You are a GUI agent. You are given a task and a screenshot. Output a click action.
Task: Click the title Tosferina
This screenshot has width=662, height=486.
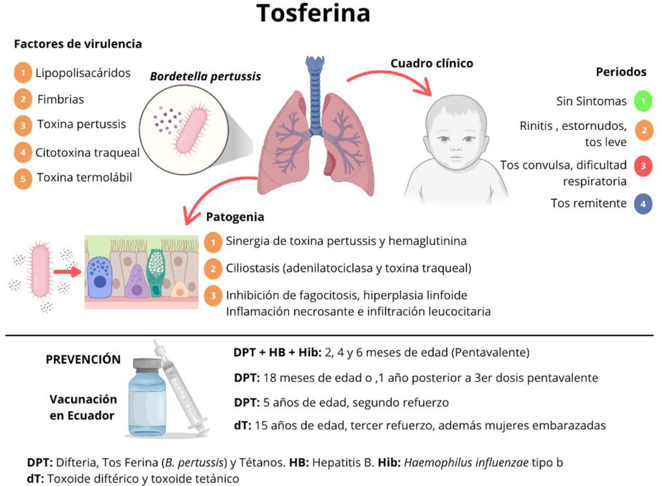click(313, 13)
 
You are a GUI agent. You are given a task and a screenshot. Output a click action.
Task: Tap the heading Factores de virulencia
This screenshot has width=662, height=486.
click(78, 44)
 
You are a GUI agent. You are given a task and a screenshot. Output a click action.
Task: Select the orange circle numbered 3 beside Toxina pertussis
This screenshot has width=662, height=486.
click(23, 125)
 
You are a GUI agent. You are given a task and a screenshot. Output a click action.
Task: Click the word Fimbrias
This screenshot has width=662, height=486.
click(60, 100)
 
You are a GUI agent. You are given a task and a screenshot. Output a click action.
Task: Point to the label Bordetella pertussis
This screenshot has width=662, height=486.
click(205, 76)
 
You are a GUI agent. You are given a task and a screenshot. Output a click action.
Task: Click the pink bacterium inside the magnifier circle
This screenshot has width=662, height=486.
click(192, 130)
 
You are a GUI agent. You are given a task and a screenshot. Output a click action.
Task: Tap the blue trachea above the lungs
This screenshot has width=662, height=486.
click(315, 95)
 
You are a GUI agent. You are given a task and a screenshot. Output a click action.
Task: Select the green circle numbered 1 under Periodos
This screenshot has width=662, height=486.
click(643, 101)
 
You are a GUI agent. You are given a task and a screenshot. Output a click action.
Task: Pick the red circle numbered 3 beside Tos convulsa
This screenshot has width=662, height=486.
click(643, 166)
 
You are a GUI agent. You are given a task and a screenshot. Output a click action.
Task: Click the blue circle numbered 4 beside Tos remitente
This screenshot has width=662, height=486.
click(643, 204)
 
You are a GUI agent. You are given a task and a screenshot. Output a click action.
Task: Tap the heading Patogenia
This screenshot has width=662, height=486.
click(235, 217)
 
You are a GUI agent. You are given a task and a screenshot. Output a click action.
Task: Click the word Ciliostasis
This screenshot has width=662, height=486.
click(252, 269)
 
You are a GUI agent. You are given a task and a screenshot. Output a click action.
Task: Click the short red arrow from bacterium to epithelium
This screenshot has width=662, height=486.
click(67, 272)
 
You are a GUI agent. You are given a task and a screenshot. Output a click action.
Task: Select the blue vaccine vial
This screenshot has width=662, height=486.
click(147, 399)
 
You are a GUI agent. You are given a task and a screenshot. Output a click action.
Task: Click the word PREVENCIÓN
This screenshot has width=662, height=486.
click(83, 360)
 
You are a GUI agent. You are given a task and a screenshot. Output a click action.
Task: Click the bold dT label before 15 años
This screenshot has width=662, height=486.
click(242, 426)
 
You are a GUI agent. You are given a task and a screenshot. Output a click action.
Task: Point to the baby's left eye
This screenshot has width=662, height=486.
click(469, 139)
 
